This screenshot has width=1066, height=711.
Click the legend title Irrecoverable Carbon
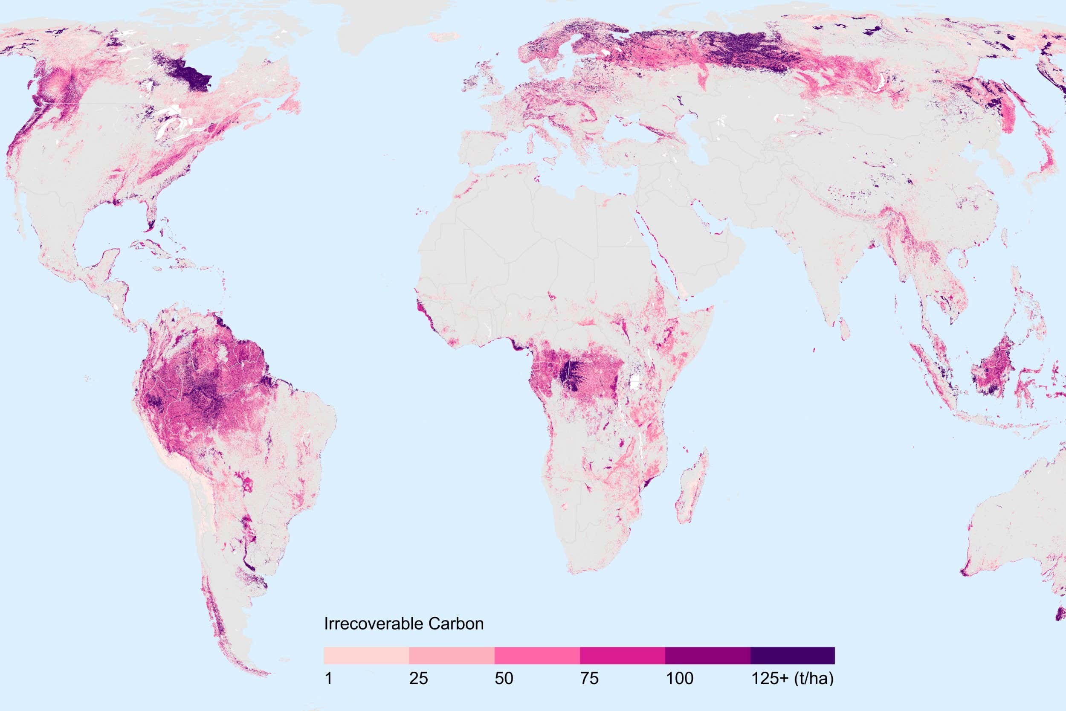[403, 624]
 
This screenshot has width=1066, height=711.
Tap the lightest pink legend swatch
[366, 656]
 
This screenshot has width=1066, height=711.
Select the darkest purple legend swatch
[792, 656]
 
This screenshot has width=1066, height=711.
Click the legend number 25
[418, 679]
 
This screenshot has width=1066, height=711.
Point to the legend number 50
[504, 679]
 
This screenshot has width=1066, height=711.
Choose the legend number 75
[589, 679]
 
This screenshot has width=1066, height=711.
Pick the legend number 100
[679, 679]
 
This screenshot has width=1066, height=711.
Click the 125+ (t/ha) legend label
[792, 679]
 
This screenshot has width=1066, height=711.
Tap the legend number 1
[329, 679]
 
